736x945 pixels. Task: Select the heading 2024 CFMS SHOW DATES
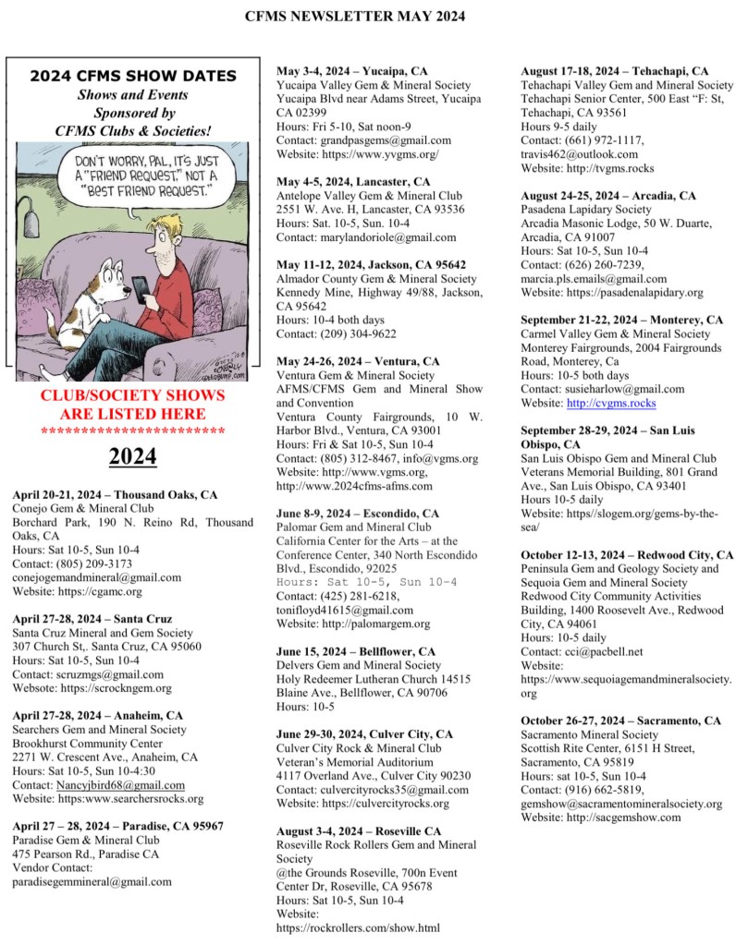(133, 76)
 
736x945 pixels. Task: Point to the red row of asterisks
(133, 431)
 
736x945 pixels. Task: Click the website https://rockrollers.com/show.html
(358, 927)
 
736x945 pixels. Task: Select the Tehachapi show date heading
(615, 70)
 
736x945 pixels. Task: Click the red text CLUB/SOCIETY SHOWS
(133, 395)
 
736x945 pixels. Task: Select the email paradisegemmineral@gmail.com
(92, 881)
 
